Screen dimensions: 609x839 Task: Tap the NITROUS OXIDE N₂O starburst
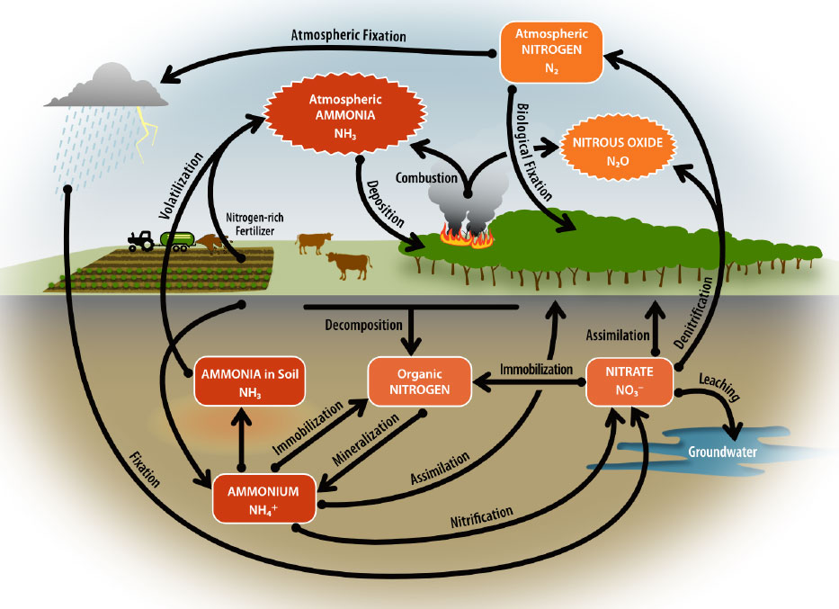(x=618, y=149)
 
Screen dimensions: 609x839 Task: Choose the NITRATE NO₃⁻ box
(x=629, y=381)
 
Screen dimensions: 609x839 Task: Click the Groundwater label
(x=719, y=452)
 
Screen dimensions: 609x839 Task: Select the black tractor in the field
(x=142, y=240)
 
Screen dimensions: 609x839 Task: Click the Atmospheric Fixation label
(x=349, y=36)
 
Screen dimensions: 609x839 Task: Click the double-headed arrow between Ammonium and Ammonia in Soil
(x=241, y=443)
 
